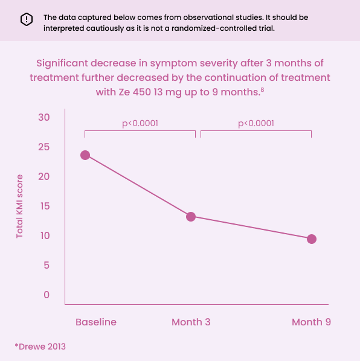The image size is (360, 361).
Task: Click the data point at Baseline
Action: (x=85, y=155)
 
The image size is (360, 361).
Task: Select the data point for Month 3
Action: (x=191, y=217)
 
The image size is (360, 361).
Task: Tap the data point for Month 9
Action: (x=312, y=239)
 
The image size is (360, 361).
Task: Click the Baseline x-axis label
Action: (x=96, y=322)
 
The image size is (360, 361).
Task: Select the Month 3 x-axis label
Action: (x=191, y=322)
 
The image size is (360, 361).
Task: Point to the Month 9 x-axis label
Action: (x=311, y=322)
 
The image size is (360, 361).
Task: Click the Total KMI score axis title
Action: (x=20, y=206)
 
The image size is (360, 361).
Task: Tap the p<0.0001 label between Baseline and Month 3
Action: (x=140, y=123)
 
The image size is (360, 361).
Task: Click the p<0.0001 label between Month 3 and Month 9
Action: (x=256, y=123)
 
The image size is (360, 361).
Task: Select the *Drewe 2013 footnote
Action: (x=40, y=347)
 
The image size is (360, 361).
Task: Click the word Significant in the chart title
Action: (x=65, y=63)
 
